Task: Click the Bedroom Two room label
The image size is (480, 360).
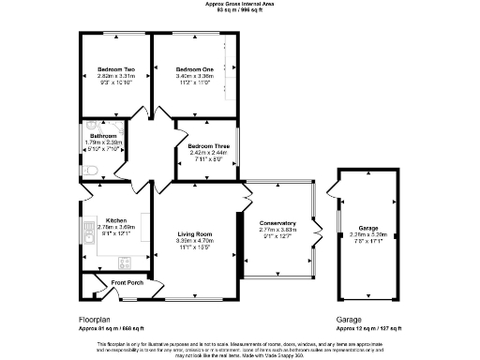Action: [x=116, y=69]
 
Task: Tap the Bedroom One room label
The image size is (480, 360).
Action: [x=195, y=69]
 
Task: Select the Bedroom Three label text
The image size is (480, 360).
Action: [x=207, y=147]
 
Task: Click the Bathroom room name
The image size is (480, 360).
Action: [x=100, y=136]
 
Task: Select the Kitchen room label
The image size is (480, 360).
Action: [x=116, y=219]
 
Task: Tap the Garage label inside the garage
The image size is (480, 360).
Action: [x=367, y=227]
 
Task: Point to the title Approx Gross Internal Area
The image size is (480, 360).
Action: [x=241, y=4]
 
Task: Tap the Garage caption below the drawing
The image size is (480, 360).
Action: [x=348, y=319]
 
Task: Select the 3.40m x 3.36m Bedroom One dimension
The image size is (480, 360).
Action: [x=195, y=76]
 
